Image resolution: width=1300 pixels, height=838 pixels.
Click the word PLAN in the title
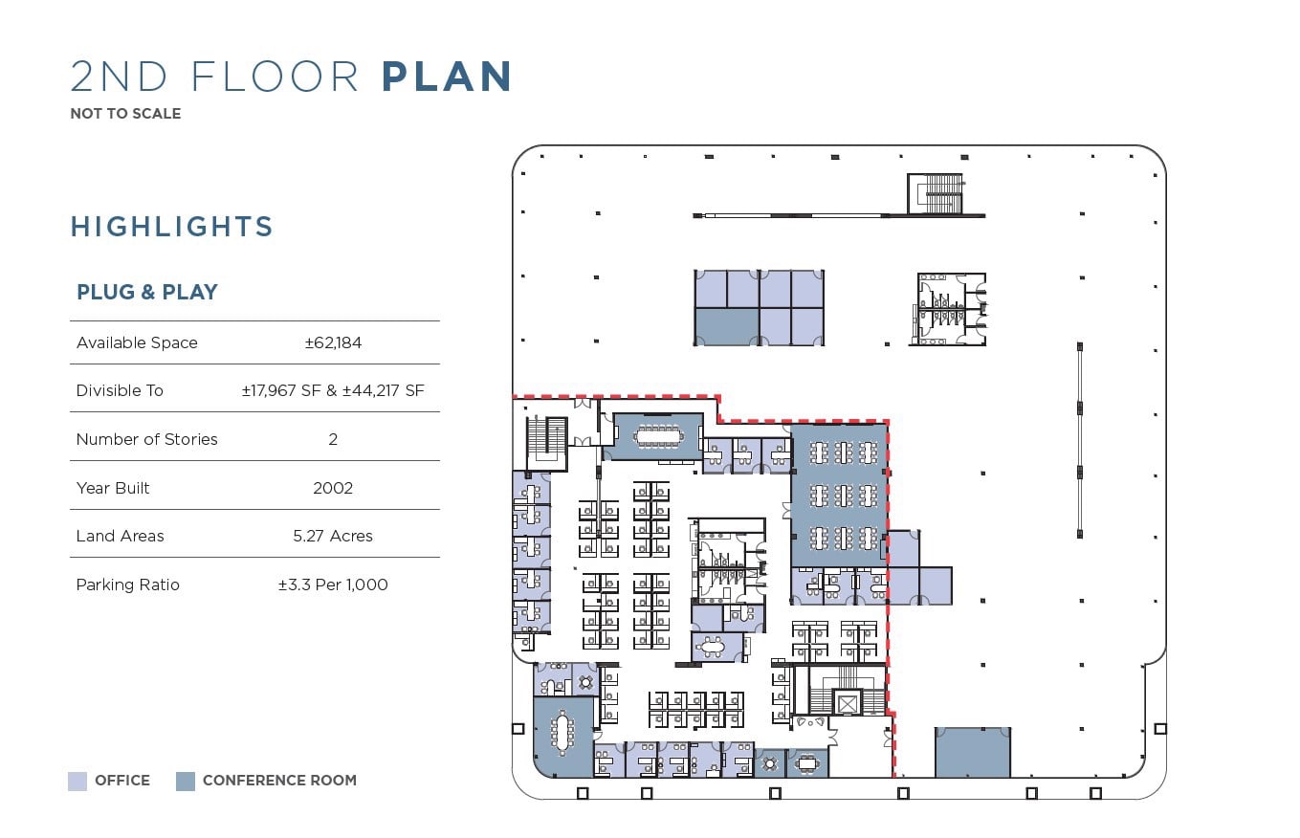click(x=447, y=76)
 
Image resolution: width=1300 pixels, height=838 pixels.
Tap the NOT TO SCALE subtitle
click(x=125, y=114)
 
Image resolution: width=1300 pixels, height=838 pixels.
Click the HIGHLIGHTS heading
click(x=172, y=227)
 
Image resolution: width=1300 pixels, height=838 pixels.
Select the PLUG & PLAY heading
click(x=147, y=292)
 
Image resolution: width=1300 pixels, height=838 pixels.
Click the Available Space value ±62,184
click(x=333, y=342)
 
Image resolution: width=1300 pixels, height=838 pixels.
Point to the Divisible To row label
click(x=120, y=390)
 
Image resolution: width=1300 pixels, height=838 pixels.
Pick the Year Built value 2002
click(x=333, y=488)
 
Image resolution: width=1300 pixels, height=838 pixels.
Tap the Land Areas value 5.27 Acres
click(x=333, y=536)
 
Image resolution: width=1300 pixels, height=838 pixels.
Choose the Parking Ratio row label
click(x=127, y=584)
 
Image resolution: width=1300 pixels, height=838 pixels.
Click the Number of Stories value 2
click(x=333, y=439)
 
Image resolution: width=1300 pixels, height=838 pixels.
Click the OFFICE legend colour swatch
click(x=77, y=782)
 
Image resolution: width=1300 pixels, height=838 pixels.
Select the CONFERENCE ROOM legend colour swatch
click(x=186, y=782)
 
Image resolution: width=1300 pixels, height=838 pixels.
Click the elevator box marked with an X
click(x=848, y=704)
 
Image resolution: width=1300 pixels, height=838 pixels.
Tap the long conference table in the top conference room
click(x=659, y=436)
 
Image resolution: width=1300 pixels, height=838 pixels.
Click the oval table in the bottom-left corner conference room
click(x=562, y=734)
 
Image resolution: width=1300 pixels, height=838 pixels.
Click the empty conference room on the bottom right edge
click(x=973, y=752)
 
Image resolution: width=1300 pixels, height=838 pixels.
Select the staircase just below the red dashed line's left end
click(x=547, y=443)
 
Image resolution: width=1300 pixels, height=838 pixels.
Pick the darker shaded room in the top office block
click(x=727, y=327)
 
